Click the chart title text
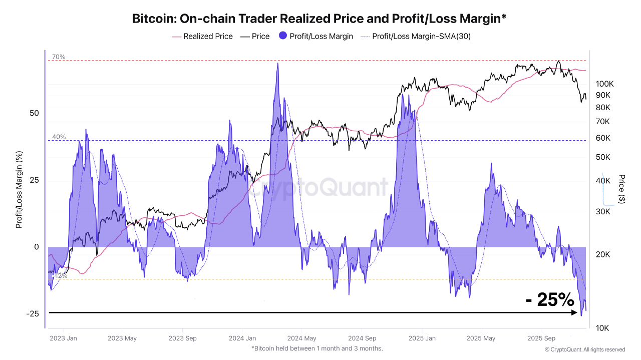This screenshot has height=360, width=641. tap(319, 19)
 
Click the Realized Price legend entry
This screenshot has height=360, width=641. tap(202, 36)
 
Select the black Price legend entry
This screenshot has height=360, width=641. tap(255, 36)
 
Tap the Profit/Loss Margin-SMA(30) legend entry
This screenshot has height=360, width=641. tap(415, 36)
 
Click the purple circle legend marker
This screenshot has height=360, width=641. tap(283, 36)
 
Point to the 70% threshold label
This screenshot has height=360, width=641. tap(59, 57)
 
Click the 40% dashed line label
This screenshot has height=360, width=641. tap(59, 137)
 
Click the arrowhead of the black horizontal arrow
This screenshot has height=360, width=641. tap(574, 313)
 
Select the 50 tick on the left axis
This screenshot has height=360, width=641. tap(34, 113)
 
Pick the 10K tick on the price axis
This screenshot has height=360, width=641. tap(602, 328)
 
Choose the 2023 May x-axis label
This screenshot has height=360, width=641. tap(122, 338)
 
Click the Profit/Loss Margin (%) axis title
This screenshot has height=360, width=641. tap(19, 189)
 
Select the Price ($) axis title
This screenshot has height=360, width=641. tap(622, 189)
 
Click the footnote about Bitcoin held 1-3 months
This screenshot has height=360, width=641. tap(317, 348)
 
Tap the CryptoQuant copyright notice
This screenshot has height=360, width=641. tap(585, 349)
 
